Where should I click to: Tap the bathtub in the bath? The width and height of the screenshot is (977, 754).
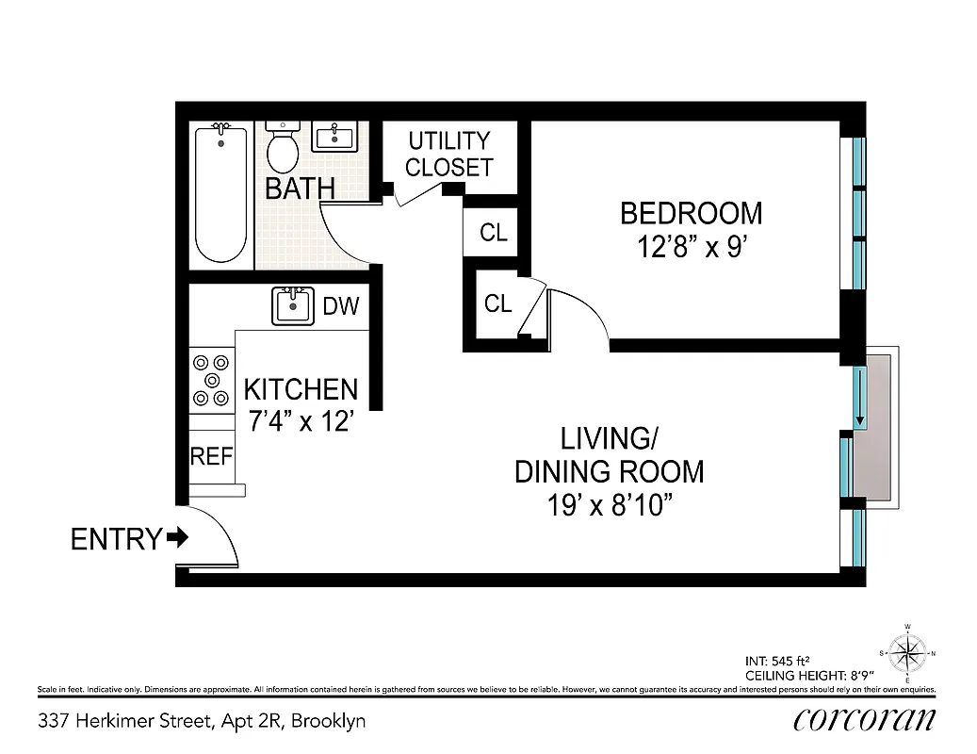[x=221, y=194]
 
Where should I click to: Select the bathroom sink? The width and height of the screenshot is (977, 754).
[x=334, y=139]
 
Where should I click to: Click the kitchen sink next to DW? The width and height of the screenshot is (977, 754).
[x=293, y=306]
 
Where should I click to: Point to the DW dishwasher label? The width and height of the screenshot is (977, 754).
[x=341, y=306]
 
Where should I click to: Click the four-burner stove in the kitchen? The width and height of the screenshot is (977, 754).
[x=211, y=381]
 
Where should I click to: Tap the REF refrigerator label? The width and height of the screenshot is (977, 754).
[x=211, y=456]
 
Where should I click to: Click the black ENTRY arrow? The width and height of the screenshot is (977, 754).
[x=177, y=538]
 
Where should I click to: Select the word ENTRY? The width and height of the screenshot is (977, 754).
[x=116, y=539]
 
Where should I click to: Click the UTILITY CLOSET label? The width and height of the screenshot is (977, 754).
[x=448, y=155]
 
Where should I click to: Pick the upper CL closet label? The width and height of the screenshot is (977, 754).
[x=494, y=233]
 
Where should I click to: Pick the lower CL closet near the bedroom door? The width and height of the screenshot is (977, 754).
[x=497, y=303]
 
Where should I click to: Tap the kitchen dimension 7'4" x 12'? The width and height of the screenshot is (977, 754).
[x=301, y=422]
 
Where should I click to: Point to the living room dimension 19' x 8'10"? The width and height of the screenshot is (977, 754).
[x=609, y=505]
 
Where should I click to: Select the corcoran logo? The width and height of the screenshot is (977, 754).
[x=865, y=719]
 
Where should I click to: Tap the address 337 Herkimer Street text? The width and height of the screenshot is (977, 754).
[x=202, y=722]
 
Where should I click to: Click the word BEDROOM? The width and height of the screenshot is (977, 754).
[x=691, y=213]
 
